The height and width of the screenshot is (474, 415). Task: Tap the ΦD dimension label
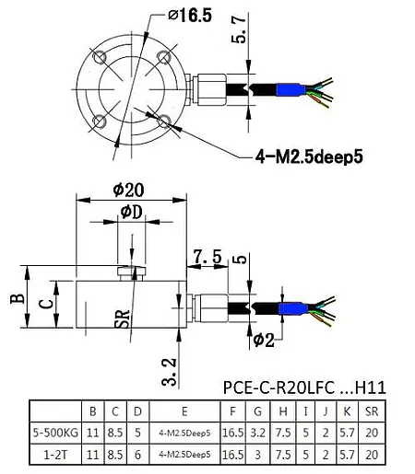click(x=131, y=214)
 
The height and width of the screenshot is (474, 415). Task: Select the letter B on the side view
click(x=13, y=299)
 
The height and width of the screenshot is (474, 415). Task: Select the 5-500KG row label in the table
click(x=54, y=431)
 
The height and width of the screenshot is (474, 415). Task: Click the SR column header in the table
click(x=371, y=410)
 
